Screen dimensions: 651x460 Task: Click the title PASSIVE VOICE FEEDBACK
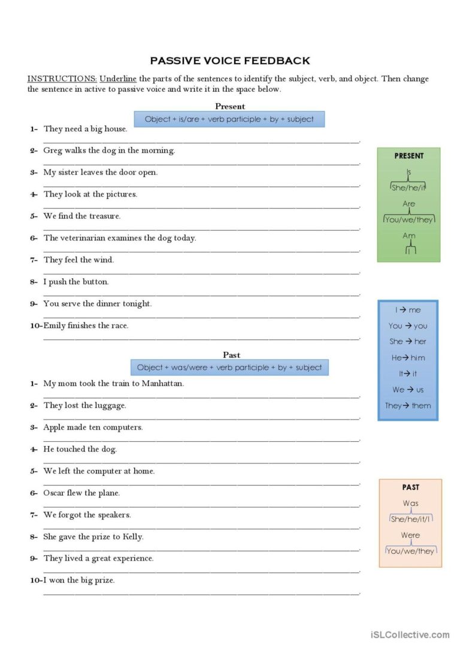(x=230, y=61)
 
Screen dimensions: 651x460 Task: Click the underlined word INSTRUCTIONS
(x=62, y=79)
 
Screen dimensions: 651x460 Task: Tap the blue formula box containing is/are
(x=229, y=119)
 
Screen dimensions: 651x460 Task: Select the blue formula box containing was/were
(x=229, y=367)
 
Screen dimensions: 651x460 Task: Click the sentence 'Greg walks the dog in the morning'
(x=109, y=150)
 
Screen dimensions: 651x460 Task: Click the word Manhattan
(x=163, y=384)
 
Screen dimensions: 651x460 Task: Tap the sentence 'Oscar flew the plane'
(x=81, y=493)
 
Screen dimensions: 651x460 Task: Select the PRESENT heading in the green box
(x=409, y=156)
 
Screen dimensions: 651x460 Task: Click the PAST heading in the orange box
(x=411, y=487)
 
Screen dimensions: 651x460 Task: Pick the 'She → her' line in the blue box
(x=408, y=342)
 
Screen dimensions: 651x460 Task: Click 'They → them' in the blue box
(x=408, y=406)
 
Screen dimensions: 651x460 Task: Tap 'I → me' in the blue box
(x=408, y=310)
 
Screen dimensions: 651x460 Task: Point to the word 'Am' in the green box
(x=409, y=236)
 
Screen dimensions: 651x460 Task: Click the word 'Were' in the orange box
(x=410, y=535)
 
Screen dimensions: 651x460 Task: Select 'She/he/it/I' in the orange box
(x=411, y=519)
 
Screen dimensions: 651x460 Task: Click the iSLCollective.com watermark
(x=410, y=635)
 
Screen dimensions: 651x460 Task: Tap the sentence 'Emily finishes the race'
(x=86, y=325)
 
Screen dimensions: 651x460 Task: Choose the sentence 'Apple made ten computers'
(x=93, y=427)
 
